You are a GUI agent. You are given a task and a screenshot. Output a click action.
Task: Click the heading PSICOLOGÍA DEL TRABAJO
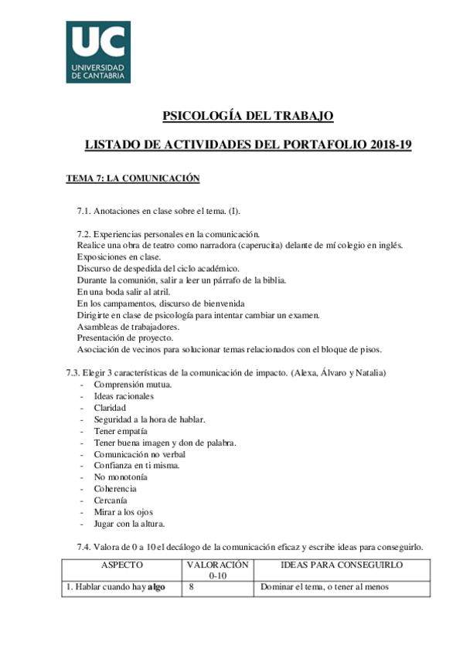[x=247, y=116]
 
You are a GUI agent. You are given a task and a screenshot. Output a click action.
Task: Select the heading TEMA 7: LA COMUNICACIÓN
[x=133, y=178]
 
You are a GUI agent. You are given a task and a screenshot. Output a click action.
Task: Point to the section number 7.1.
[x=84, y=210]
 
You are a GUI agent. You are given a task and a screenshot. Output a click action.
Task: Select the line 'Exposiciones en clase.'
[x=119, y=256]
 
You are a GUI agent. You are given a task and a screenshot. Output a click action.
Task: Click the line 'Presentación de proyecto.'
[x=125, y=338]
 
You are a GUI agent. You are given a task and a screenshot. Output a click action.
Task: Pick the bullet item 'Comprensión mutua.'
[x=132, y=385]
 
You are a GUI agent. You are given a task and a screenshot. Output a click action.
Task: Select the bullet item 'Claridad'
[x=110, y=408]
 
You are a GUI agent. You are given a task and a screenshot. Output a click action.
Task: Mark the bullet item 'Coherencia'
[x=115, y=489]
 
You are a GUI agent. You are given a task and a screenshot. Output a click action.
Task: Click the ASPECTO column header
[x=121, y=565]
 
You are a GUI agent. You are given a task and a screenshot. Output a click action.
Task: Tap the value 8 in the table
[x=192, y=587]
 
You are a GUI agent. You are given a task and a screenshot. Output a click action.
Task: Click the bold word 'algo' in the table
[x=157, y=587]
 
